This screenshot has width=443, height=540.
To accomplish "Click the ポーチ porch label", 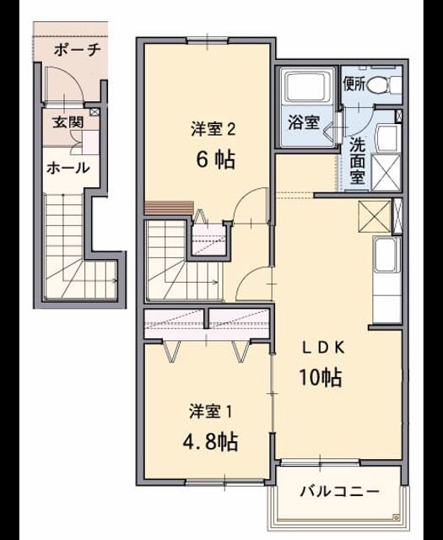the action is (78, 51).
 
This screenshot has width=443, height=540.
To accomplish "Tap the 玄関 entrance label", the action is (68, 121).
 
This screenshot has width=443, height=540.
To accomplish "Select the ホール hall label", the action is (68, 168).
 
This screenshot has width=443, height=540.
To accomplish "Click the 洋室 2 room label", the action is (213, 129).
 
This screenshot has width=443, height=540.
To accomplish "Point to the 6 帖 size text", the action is (216, 159).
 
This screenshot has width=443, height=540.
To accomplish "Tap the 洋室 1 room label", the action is (210, 412).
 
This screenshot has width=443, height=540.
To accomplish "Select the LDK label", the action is (323, 348).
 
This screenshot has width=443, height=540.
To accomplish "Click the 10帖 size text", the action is (321, 377).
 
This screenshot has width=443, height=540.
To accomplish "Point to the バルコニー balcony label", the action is (339, 491).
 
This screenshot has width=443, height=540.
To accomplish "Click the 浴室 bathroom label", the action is (304, 122).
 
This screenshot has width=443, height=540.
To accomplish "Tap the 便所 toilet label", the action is (354, 84).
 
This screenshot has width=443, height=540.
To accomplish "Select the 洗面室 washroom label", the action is (357, 161).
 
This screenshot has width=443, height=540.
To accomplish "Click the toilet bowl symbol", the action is (383, 84).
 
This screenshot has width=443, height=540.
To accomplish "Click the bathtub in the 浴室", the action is (306, 86).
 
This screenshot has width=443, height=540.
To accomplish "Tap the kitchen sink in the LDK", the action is (387, 255).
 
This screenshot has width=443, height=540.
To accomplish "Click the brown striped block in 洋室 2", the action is (169, 208).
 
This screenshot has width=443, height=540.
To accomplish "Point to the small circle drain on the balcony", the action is (397, 516).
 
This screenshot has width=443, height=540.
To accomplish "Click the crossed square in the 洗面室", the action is (386, 173).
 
